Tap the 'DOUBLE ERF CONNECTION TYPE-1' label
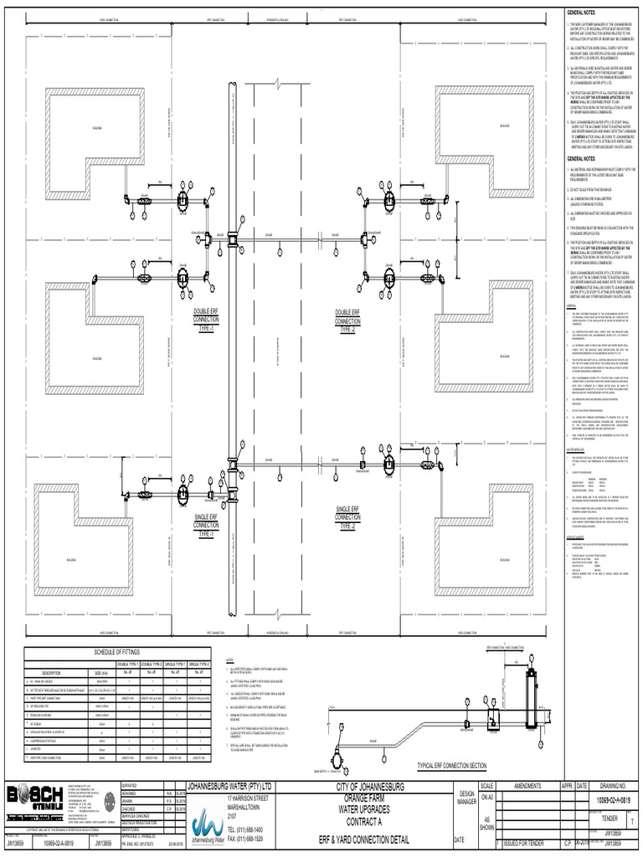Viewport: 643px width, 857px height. [x=206, y=321]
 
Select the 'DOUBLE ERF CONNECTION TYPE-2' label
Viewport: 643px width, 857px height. [x=347, y=321]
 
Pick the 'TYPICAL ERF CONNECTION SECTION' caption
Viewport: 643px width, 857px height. [x=451, y=766]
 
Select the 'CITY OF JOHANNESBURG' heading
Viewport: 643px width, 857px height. [x=370, y=788]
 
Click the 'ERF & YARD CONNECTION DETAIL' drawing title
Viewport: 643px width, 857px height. [x=370, y=839]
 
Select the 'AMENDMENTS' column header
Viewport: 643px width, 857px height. [x=528, y=787]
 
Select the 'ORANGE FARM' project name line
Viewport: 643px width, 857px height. [x=370, y=797]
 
